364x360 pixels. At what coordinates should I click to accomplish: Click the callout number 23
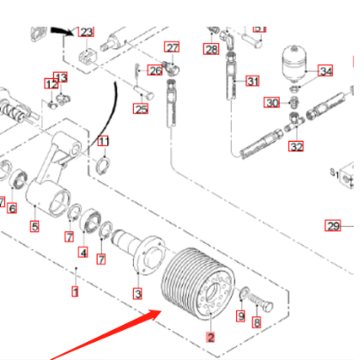click(85, 32)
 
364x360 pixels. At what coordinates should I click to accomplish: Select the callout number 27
click(173, 47)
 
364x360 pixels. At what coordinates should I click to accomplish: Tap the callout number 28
click(211, 51)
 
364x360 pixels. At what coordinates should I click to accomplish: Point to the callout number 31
click(252, 82)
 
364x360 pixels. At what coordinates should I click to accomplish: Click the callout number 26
click(155, 70)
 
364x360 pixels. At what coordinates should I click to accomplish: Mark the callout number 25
click(141, 108)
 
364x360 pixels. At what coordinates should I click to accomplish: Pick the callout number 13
click(60, 78)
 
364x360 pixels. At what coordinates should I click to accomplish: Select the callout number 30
click(272, 103)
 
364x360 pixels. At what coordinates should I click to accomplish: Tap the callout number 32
click(296, 146)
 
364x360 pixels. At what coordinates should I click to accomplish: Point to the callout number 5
click(34, 227)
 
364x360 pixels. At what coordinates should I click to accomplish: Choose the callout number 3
click(136, 294)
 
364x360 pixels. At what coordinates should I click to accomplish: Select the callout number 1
click(75, 292)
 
